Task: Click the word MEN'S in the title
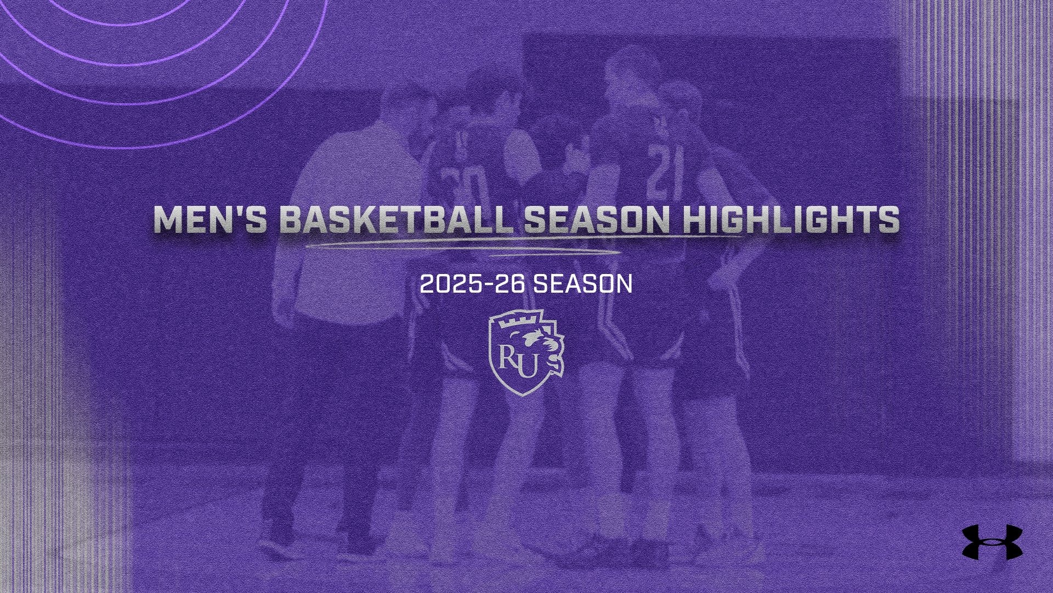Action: [210, 220]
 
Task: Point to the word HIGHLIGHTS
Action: [794, 220]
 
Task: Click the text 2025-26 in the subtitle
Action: [473, 284]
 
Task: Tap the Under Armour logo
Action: [992, 542]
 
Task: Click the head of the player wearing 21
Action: [680, 107]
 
